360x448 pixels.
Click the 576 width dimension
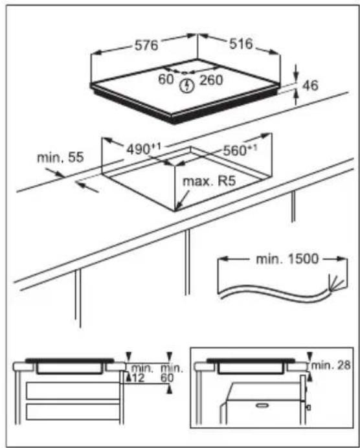[x=146, y=45]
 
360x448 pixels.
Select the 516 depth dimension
[x=241, y=43]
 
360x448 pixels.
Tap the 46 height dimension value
[x=310, y=85]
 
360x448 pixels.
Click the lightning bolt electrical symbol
[x=186, y=85]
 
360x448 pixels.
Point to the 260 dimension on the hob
[x=211, y=80]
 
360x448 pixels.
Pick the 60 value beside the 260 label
[x=166, y=79]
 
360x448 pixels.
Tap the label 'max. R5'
[x=209, y=181]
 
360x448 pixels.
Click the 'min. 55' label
[x=60, y=157]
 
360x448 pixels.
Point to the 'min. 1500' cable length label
[x=287, y=259]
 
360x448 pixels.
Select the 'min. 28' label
[x=331, y=365]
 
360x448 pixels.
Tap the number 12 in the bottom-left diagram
[x=139, y=377]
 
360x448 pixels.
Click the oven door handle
[x=262, y=405]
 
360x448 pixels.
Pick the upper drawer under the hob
[x=73, y=390]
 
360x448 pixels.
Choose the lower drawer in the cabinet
[x=73, y=412]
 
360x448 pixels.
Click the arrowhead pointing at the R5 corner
[x=177, y=208]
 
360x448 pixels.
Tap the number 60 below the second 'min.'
[x=167, y=377]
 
